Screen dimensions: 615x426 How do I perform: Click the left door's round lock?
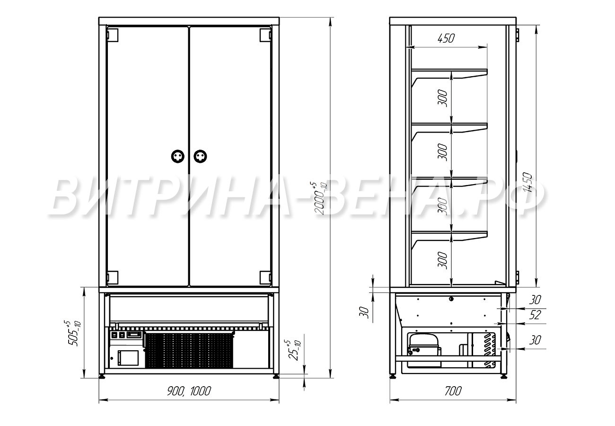pos(177,156)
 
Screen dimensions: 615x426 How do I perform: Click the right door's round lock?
pos(200,156)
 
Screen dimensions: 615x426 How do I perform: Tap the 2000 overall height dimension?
pos(321,198)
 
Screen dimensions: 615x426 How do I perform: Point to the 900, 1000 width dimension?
pos(189,391)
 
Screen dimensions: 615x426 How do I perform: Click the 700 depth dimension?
pos(453,391)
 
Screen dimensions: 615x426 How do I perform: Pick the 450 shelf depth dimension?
pos(446,38)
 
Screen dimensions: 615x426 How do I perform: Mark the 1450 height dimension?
pos(527,182)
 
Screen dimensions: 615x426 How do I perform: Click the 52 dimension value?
pos(535,315)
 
